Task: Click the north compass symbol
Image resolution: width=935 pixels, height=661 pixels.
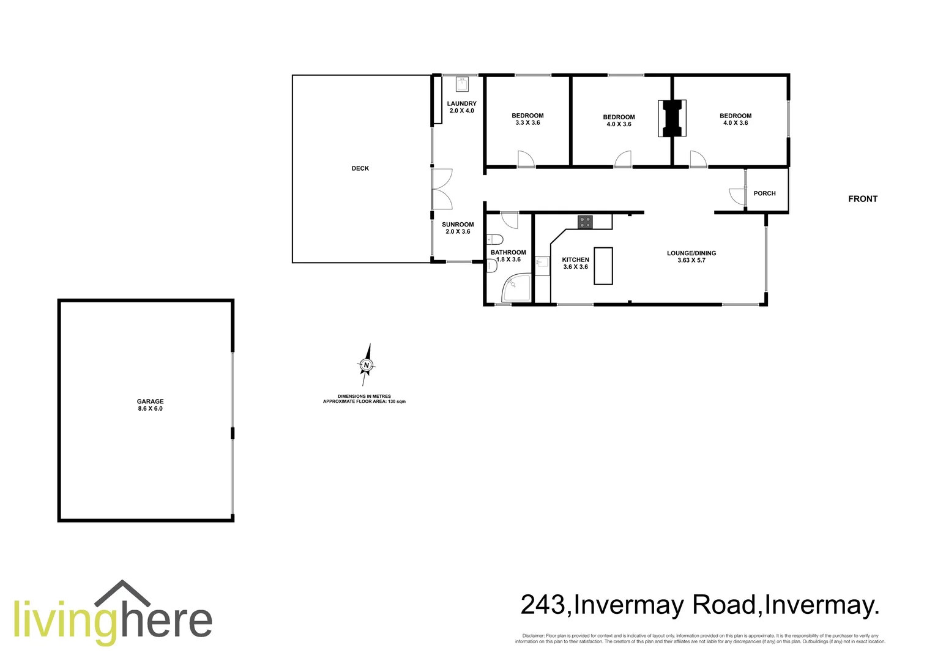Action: (x=366, y=365)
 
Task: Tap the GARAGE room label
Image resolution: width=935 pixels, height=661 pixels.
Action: (x=150, y=401)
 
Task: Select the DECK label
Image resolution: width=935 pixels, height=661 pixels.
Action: (x=360, y=168)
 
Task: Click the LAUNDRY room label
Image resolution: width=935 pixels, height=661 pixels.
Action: (x=461, y=104)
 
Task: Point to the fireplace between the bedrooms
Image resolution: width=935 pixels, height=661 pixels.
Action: (x=672, y=118)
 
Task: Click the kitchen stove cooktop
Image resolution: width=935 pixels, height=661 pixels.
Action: (x=585, y=222)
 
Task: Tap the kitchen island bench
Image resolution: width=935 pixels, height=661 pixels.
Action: (x=603, y=266)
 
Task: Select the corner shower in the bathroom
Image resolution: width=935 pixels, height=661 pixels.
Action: (x=515, y=289)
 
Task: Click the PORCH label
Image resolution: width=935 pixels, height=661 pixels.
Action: (x=764, y=193)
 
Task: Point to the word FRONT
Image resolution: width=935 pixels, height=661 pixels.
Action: (x=862, y=199)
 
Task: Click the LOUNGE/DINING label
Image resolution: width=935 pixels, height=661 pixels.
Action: (x=691, y=253)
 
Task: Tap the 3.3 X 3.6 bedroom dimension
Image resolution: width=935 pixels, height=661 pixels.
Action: (x=527, y=123)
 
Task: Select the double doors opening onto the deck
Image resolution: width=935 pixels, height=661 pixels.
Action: (x=441, y=189)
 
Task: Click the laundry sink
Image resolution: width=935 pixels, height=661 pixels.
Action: (x=462, y=84)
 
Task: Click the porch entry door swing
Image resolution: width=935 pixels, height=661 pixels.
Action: (x=737, y=196)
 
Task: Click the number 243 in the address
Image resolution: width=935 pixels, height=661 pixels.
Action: (x=543, y=605)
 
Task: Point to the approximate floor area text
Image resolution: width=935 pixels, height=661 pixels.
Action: (x=364, y=401)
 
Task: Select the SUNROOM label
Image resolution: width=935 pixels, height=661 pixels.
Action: (x=458, y=225)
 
